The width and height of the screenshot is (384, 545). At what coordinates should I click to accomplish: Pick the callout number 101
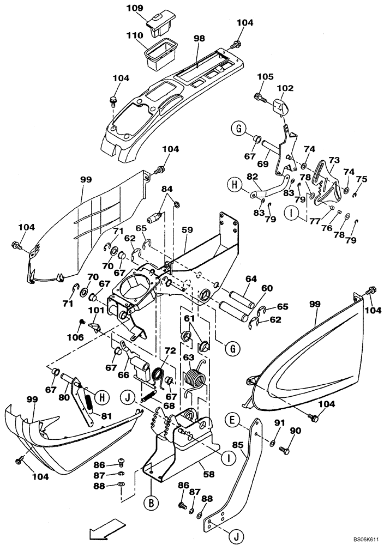click(95, 311)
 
